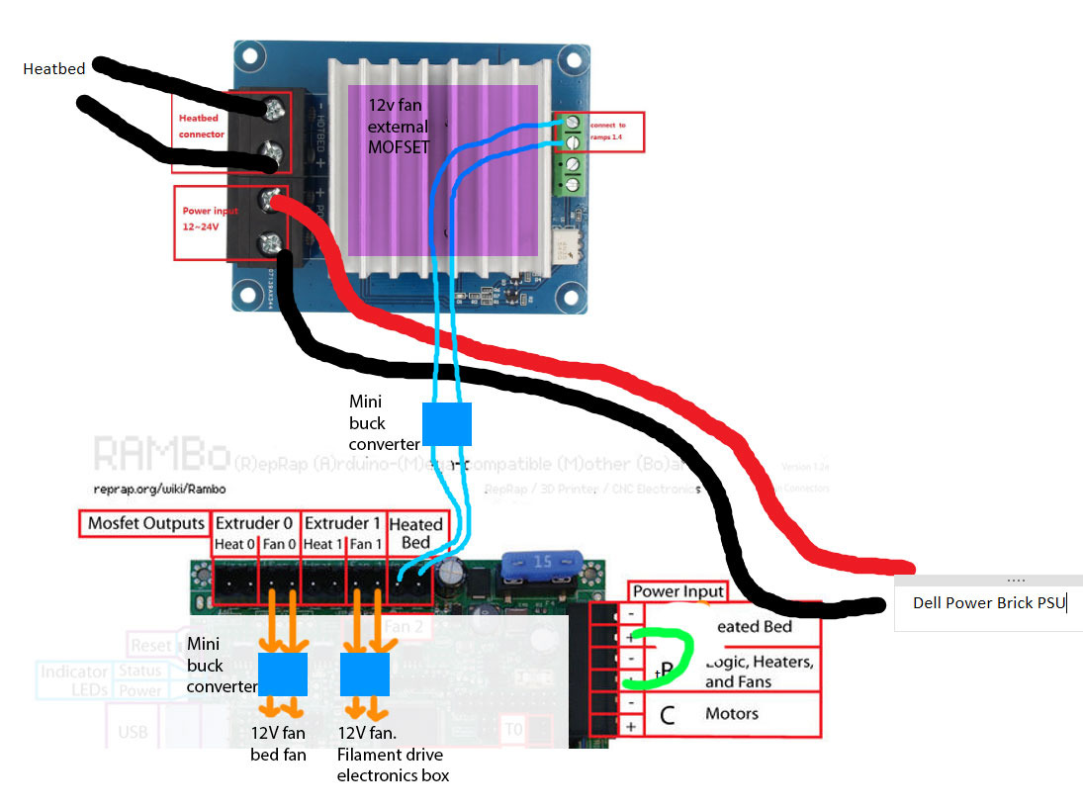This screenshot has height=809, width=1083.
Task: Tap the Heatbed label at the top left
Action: [x=54, y=69]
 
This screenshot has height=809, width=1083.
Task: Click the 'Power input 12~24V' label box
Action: [x=211, y=223]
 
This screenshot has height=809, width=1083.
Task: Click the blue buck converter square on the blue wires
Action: [x=447, y=423]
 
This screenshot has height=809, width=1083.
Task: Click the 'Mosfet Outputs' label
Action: [x=145, y=524]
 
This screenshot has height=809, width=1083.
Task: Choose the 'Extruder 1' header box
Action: [x=342, y=523]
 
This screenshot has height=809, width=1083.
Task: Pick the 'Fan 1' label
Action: [x=365, y=544]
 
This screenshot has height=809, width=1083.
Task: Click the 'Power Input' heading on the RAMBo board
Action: [x=677, y=591]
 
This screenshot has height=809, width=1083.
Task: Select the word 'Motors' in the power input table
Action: [x=732, y=713]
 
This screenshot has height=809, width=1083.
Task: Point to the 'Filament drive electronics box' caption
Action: [x=393, y=766]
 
